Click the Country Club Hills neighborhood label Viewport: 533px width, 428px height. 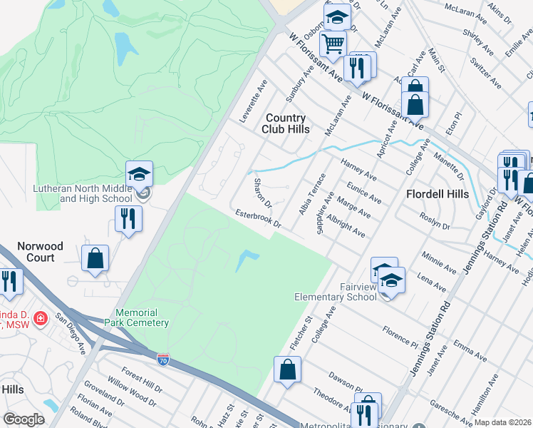click(287, 123)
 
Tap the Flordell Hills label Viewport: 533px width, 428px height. click(437, 194)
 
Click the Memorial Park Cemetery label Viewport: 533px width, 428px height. click(143, 317)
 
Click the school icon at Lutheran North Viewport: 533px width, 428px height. click(140, 173)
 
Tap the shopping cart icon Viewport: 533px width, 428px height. click(333, 44)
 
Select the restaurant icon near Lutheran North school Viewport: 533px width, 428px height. click(128, 218)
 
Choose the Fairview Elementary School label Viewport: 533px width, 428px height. click(337, 292)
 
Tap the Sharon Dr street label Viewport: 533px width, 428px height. click(263, 193)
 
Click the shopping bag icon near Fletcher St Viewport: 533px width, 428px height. click(287, 370)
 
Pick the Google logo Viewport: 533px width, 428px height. click(24, 419)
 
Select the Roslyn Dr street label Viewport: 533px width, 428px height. click(435, 221)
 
